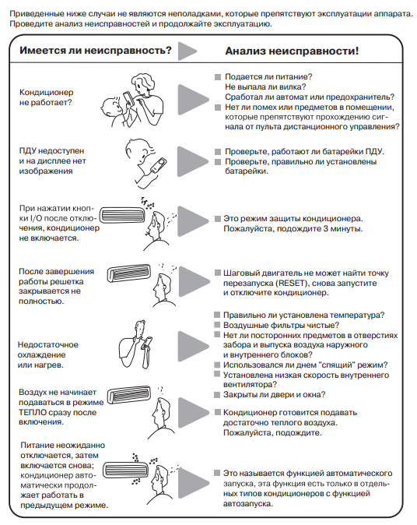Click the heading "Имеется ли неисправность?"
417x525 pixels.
click(96, 51)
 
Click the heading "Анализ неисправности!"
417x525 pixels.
click(292, 51)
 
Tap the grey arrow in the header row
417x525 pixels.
click(187, 51)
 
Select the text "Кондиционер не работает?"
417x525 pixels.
click(46, 97)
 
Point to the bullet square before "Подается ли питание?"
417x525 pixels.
click(218, 77)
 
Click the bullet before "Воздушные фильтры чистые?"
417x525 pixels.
click(217, 325)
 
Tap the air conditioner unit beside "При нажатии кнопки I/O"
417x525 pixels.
click(123, 216)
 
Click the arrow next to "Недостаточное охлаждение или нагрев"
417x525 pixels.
click(193, 346)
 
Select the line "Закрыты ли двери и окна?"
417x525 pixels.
click(274, 395)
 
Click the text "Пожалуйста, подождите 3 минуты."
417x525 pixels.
click(293, 229)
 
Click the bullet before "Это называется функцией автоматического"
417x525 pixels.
click(217, 473)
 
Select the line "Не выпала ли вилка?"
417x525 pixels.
click(265, 87)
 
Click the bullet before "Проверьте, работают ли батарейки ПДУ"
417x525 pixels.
click(218, 152)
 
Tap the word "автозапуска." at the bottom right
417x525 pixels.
click(248, 503)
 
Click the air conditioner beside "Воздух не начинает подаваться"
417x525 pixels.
click(128, 395)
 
